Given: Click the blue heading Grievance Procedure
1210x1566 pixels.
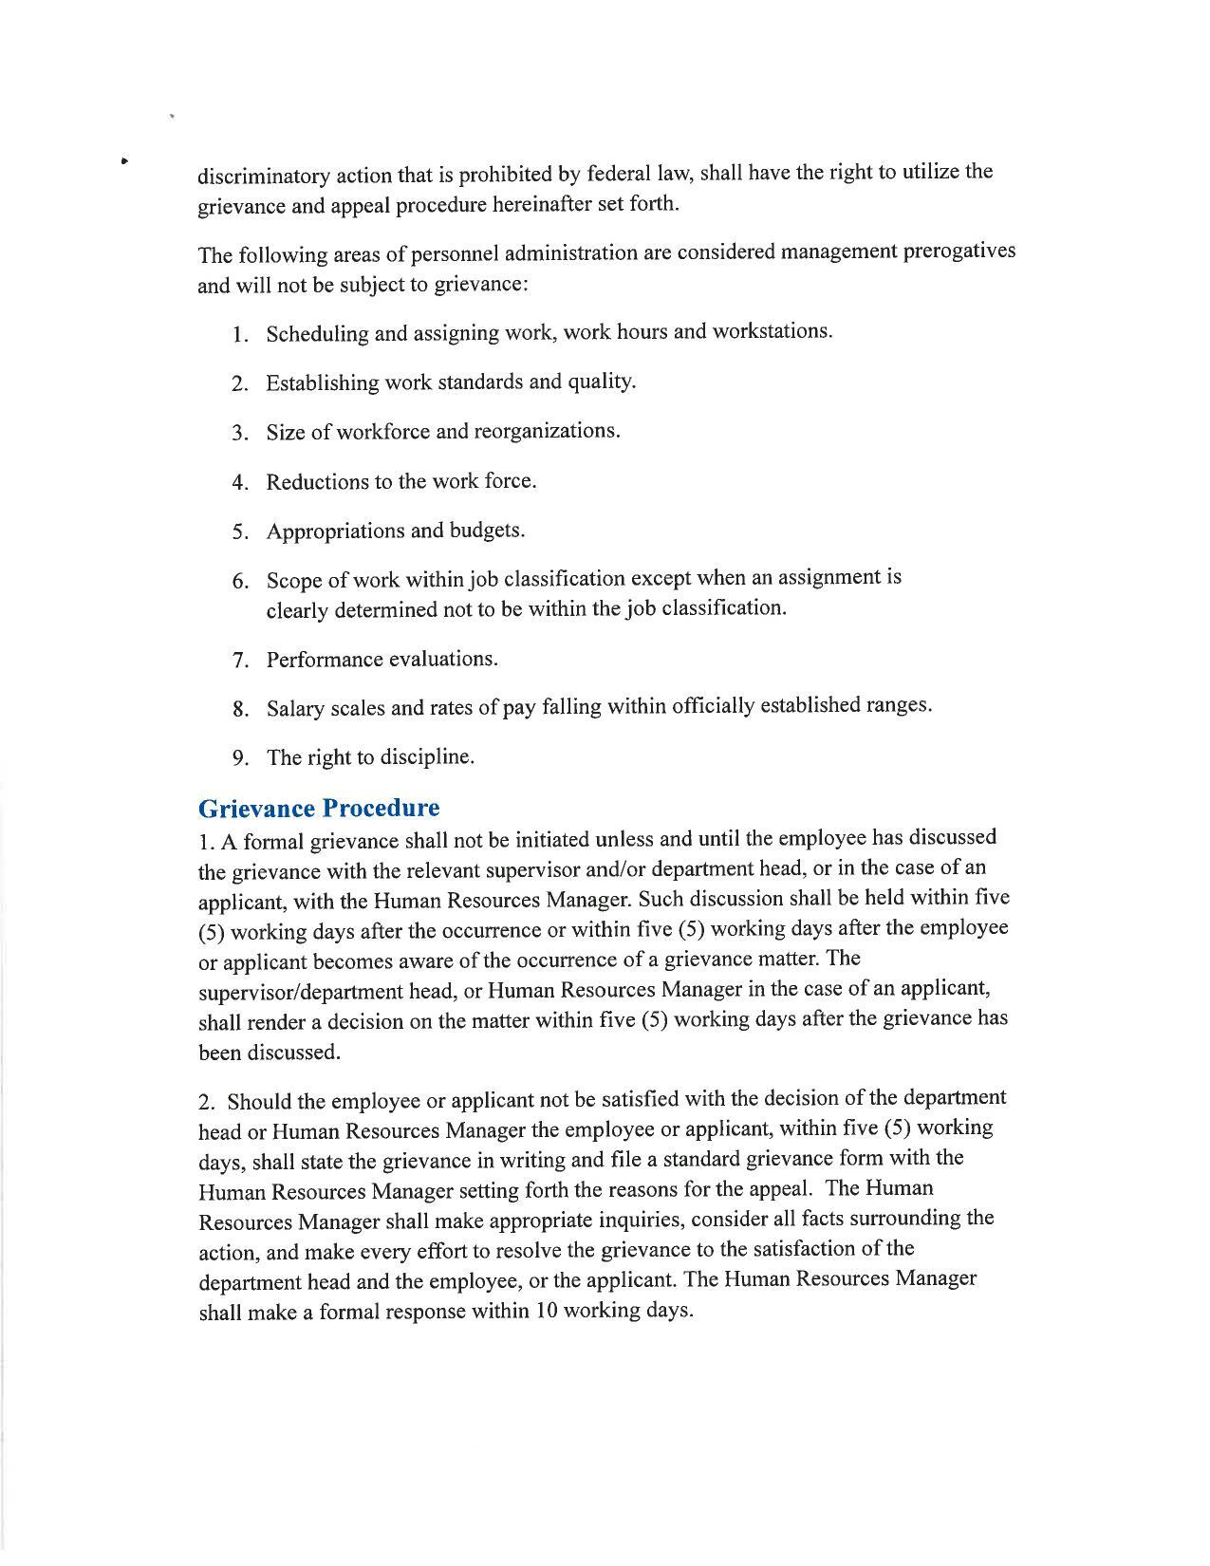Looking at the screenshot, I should point(319,809).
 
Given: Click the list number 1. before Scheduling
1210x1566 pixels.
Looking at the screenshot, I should point(240,335).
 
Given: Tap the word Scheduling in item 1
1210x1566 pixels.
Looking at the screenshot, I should point(316,334).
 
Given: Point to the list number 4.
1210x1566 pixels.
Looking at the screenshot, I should point(240,483).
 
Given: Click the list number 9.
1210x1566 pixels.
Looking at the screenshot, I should point(241,758).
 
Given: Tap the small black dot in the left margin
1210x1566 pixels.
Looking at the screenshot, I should point(124,160).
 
